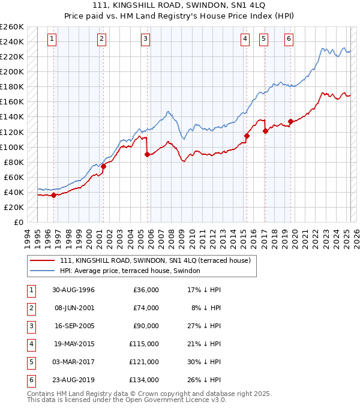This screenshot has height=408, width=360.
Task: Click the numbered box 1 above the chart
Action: click(53, 40)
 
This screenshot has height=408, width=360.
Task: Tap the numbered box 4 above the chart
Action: click(245, 40)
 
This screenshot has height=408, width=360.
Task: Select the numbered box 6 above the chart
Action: click(289, 40)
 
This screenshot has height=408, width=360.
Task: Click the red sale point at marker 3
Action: click(147, 154)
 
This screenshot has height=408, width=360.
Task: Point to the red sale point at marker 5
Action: click(265, 131)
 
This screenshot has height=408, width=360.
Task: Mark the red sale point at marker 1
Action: click(53, 195)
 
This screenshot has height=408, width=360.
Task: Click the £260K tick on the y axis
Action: click(12, 27)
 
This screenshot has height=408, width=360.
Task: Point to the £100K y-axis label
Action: click(12, 147)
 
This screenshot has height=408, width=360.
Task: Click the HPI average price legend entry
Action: click(130, 271)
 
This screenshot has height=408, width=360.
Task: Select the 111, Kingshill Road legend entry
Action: click(158, 260)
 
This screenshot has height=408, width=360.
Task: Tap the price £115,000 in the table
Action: click(143, 344)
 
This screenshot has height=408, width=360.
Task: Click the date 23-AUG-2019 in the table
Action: click(74, 380)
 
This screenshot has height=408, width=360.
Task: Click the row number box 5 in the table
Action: click(30, 362)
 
